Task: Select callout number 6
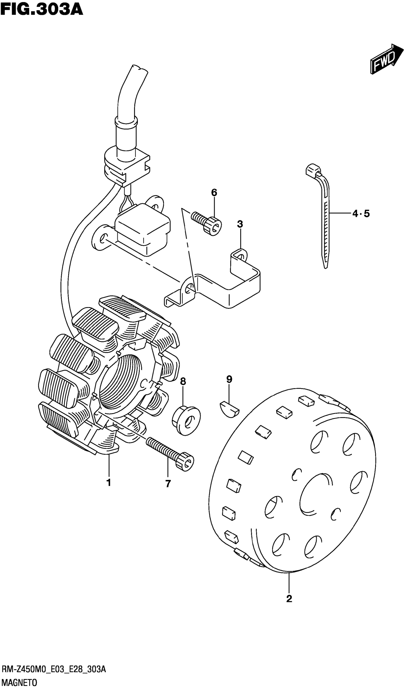click(214, 192)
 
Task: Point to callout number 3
click(240, 224)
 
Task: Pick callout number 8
click(183, 381)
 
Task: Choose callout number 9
click(229, 379)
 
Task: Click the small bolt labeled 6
click(208, 222)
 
